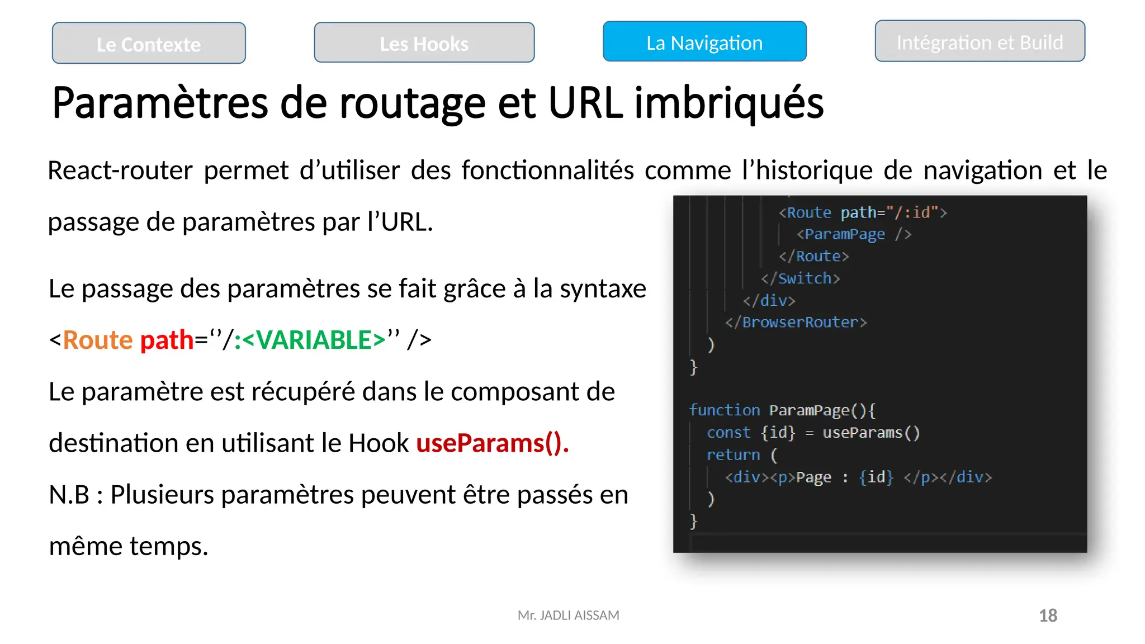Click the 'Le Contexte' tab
point(149,44)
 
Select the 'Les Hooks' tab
point(424,43)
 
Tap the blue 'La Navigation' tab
point(704,42)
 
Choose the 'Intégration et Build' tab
point(980,42)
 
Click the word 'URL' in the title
point(585,103)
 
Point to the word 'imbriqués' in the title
point(729,103)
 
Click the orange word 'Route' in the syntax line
point(97,340)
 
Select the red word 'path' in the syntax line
point(167,340)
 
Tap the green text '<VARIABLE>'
point(314,340)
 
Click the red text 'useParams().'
point(493,443)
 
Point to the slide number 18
point(1048,615)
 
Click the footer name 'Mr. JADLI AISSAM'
point(568,615)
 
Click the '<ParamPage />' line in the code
point(854,234)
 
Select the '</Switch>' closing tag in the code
point(800,278)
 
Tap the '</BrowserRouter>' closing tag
point(796,323)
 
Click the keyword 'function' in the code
point(725,410)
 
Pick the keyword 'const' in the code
point(728,433)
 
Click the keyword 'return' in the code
point(733,455)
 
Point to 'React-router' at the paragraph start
point(120,171)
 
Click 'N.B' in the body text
point(69,495)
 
